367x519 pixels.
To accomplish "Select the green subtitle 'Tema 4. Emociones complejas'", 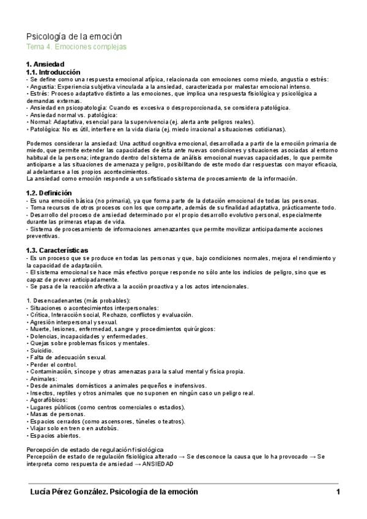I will (x=76, y=47).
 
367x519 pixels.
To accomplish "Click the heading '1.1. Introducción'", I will (x=53, y=72).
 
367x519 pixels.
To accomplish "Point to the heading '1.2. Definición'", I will (x=50, y=193).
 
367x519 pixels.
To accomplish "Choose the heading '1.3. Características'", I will (x=57, y=250).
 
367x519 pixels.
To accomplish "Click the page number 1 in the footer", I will (x=338, y=492).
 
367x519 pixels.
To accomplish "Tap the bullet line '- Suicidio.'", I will (x=43, y=350).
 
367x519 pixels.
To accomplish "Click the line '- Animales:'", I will (x=42, y=379).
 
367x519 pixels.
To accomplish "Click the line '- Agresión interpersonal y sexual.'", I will (x=73, y=321).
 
